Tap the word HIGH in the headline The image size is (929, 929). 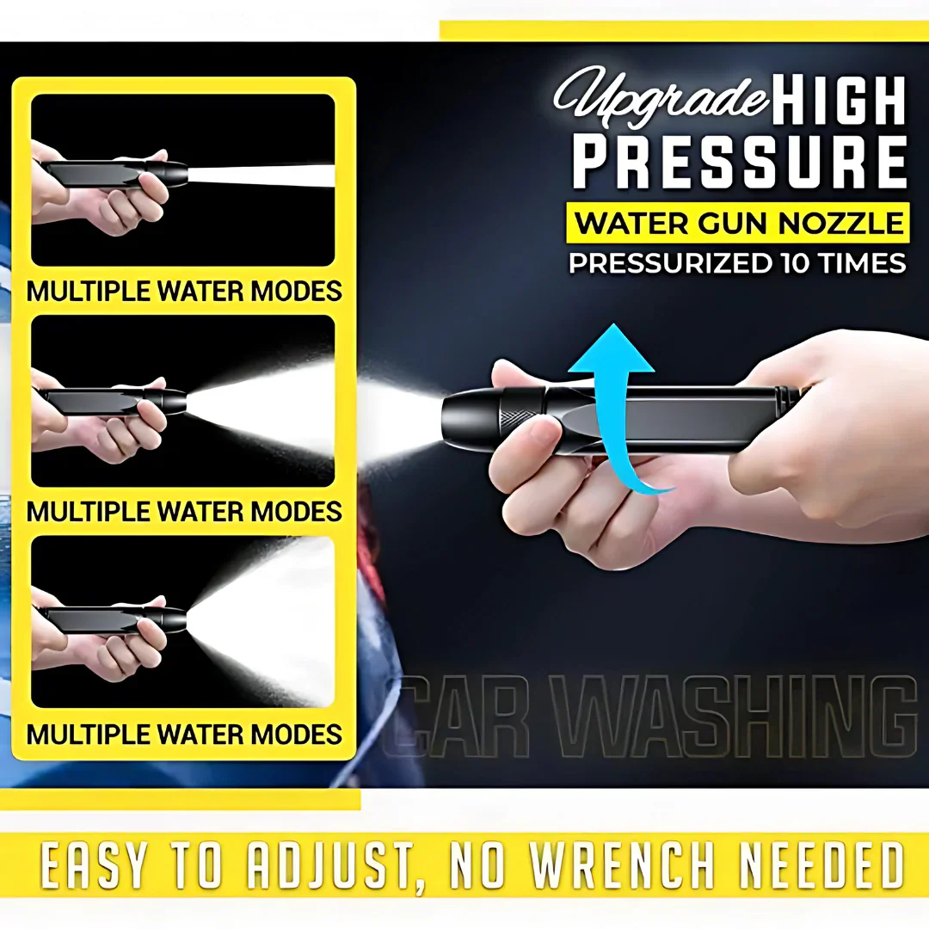click(840, 102)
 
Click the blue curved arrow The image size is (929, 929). click(618, 404)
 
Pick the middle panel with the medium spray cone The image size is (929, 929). click(183, 401)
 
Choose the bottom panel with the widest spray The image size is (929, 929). click(183, 621)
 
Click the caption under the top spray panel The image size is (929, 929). click(184, 291)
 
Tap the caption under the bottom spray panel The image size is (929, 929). click(184, 734)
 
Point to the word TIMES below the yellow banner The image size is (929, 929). click(861, 262)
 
